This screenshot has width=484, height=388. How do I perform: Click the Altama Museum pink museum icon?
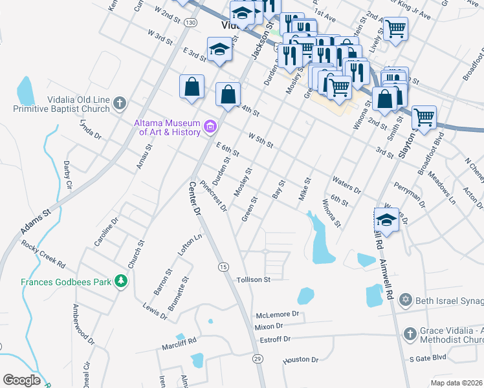click(x=210, y=127)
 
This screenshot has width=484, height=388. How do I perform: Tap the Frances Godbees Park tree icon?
click(x=120, y=281)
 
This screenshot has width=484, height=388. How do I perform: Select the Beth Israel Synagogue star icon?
click(x=406, y=300)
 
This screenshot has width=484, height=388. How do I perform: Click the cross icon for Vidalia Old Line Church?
click(x=119, y=103)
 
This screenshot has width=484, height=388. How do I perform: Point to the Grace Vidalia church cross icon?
click(x=409, y=334)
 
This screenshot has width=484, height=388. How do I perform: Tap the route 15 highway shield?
click(x=223, y=266)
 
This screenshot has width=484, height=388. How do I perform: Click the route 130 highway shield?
click(x=190, y=23)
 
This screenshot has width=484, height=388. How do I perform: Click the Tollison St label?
click(x=252, y=279)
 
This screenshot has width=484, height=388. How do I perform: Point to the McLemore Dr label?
click(x=280, y=314)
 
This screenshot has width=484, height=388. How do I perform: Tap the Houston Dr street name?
click(x=301, y=360)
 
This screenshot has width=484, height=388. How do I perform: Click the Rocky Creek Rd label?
click(x=43, y=255)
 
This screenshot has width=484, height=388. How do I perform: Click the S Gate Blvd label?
click(x=428, y=358)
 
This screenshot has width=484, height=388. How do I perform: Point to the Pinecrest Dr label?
click(x=214, y=196)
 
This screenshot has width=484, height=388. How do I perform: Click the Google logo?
click(x=21, y=380)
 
